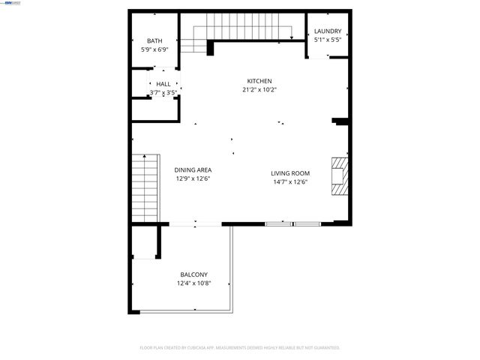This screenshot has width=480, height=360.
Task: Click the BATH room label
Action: pos(154,41)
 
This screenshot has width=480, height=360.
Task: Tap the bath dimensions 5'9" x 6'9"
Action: pos(154,49)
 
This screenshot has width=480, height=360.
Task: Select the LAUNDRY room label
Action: pos(328,31)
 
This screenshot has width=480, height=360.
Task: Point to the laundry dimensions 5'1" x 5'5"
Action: pos(328,40)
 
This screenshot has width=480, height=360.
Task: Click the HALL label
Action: pos(163,84)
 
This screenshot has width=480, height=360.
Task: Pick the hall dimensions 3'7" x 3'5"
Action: pos(163,92)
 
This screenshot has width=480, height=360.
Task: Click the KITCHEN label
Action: pos(259,81)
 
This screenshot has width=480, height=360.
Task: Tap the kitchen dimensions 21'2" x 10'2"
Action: pos(259,89)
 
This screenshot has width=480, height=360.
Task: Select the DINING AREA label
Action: pos(193,170)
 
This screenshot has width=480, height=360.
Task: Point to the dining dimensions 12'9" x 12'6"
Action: pos(193,178)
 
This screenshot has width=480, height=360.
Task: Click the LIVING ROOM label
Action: pos(289,173)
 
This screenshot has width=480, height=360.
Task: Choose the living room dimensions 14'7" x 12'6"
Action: pos(289,181)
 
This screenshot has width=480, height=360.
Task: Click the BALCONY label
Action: pos(193,274)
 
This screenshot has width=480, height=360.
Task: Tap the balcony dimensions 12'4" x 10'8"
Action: pos(193,283)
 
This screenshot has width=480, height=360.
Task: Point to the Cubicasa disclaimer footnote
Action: pos(240,348)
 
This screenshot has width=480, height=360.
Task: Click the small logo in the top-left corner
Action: pos(11,4)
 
